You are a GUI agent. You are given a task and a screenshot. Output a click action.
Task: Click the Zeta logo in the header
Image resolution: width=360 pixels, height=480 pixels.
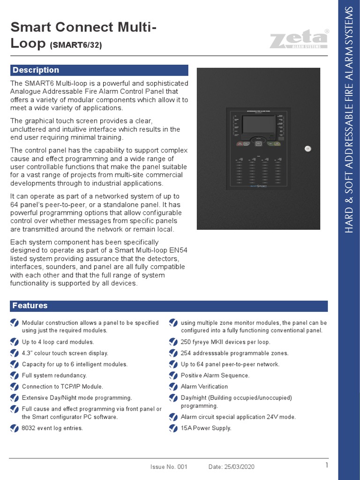299,39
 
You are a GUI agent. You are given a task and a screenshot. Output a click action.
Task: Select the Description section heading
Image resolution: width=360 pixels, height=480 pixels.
36,70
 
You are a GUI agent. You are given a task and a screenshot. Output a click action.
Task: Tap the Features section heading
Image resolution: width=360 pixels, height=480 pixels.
30,306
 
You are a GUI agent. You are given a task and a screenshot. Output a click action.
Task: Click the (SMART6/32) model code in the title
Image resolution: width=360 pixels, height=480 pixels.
75,45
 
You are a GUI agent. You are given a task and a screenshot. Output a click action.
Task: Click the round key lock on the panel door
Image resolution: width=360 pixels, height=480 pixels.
307,149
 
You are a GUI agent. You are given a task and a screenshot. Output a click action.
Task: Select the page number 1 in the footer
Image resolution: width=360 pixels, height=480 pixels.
326,465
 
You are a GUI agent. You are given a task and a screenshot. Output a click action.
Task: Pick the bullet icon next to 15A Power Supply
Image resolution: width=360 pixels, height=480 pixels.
173,427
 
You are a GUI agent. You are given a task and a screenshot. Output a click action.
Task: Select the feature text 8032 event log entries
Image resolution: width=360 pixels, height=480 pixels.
52,428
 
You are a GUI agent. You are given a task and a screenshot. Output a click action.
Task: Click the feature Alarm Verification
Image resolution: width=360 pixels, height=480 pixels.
204,387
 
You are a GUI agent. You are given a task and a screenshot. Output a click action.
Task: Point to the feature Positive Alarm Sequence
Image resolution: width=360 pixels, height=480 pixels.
215,375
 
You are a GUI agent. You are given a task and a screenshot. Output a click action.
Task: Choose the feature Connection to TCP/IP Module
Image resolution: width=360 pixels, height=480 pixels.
62,387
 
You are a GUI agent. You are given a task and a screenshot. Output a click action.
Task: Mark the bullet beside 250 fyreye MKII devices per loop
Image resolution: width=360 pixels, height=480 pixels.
173,342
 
